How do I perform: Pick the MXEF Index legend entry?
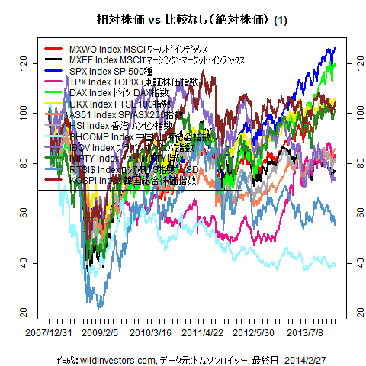156,59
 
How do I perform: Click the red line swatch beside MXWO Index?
53,49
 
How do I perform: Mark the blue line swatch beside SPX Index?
53,71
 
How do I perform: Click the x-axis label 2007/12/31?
49,332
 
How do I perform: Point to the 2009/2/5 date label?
100,332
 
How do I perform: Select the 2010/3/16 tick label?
150,332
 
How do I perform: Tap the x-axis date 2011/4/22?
203,332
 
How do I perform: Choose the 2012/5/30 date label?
253,332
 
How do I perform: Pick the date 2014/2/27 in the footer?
284,359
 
